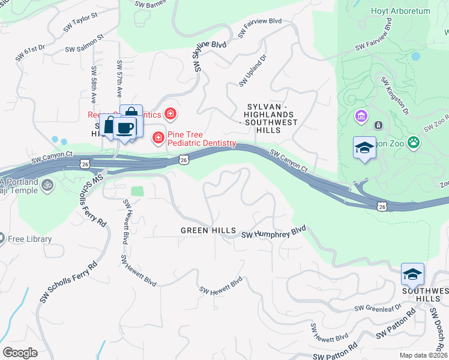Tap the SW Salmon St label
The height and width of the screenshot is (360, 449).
84,44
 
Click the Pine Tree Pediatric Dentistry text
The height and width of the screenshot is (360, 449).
202,139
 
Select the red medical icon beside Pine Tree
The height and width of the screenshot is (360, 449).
158,139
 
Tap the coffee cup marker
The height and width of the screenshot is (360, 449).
125,128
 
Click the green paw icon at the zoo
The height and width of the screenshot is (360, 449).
414,142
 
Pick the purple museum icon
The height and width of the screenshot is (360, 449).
361,115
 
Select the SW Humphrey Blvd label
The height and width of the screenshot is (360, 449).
274,232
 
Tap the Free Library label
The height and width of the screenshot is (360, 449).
30,239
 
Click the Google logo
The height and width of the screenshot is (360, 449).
20,353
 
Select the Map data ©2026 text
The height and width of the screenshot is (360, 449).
423,355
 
